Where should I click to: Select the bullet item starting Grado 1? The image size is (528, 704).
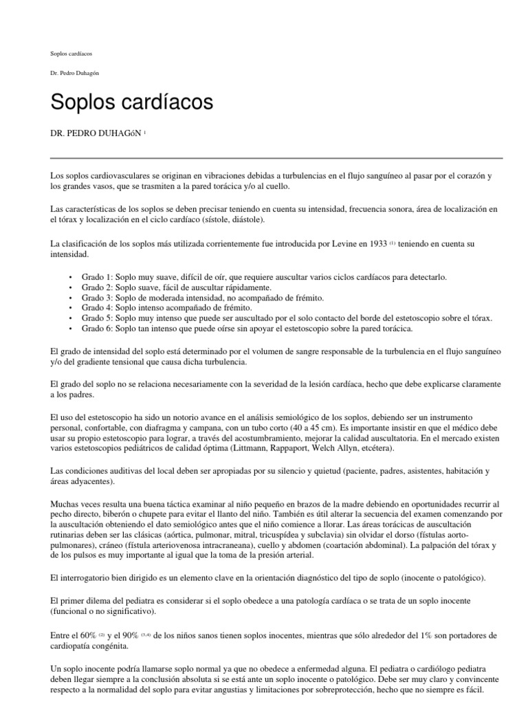(x=264, y=276)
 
